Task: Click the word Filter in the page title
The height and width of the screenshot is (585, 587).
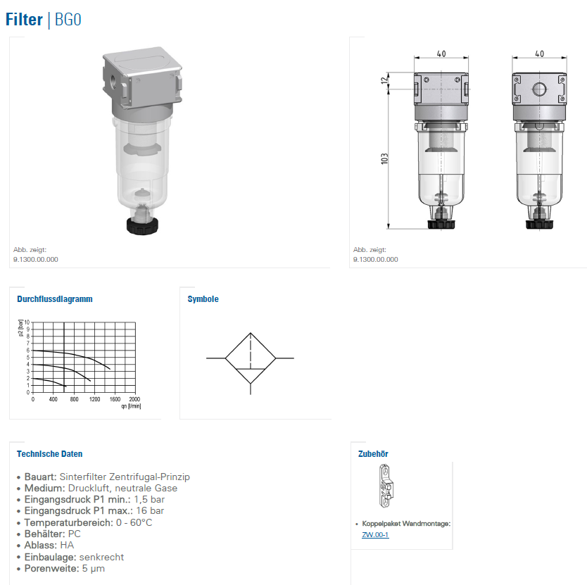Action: (x=25, y=20)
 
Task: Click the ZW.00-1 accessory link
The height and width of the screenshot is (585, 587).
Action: (x=375, y=535)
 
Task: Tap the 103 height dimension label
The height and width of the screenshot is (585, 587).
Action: (x=384, y=159)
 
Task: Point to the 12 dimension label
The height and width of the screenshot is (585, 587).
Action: (x=384, y=80)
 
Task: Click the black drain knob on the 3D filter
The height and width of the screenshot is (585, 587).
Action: (x=142, y=225)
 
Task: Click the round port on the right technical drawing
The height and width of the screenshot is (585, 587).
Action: (x=539, y=89)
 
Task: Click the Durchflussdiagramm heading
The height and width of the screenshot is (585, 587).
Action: (x=55, y=299)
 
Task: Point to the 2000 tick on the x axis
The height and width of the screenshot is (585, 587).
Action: (x=134, y=399)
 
